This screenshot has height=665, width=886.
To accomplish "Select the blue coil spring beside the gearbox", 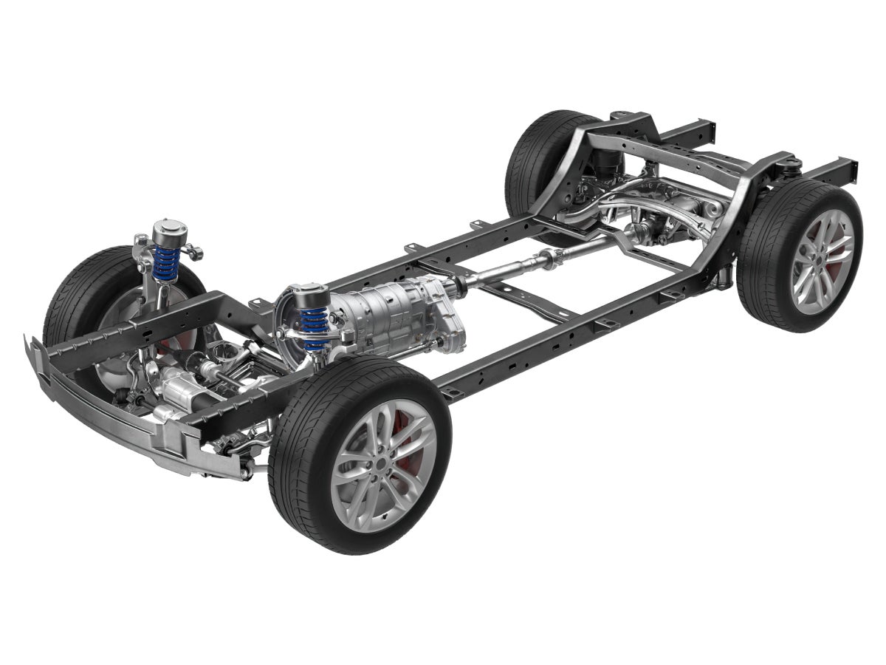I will tap(313, 325).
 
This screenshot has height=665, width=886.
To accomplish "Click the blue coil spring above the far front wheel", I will tap(165, 264).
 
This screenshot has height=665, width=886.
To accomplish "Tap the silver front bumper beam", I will tap(111, 414).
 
